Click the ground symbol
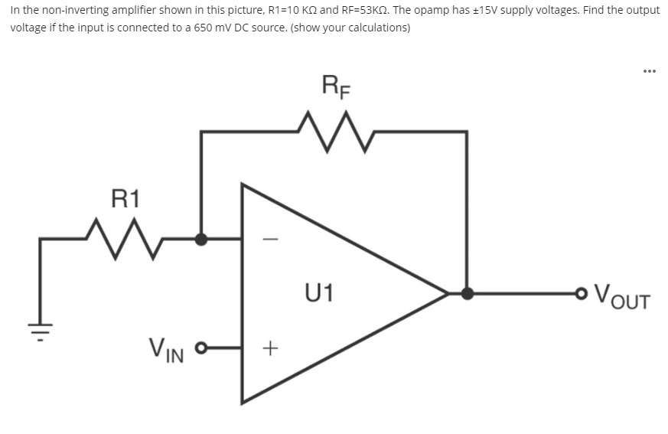40,334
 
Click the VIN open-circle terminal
202,351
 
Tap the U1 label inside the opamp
318,292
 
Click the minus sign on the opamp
266,239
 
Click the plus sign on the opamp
267,349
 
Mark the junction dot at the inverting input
200,239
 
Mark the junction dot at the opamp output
467,292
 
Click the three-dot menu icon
649,71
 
